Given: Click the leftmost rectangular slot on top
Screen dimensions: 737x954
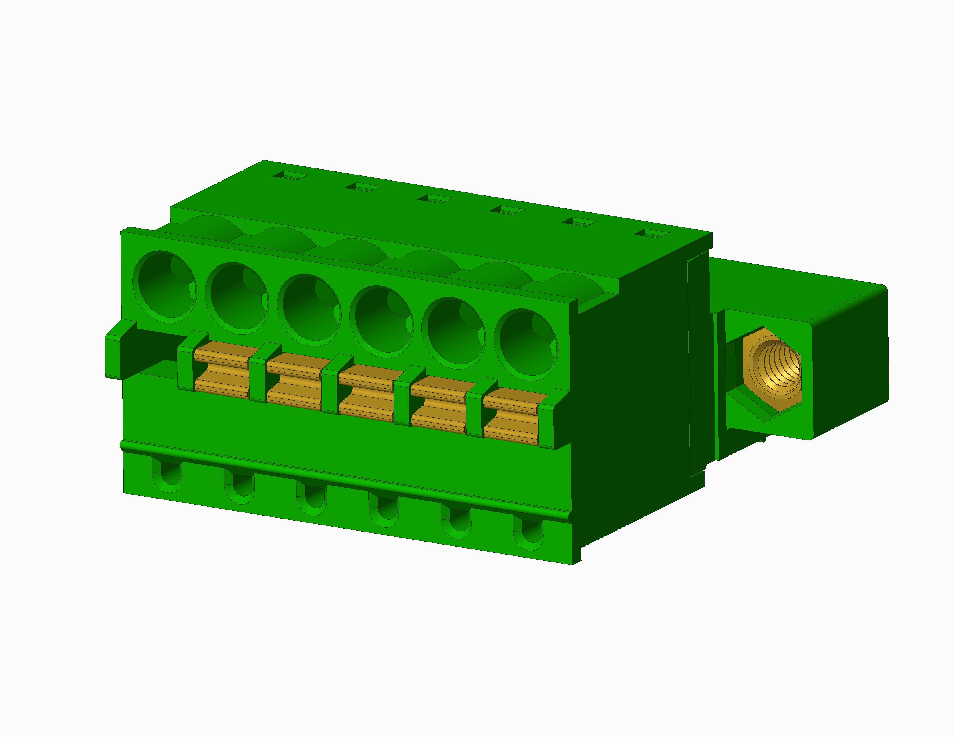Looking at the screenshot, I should point(291,176).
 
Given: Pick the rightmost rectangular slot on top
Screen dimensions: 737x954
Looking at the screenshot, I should point(651,234).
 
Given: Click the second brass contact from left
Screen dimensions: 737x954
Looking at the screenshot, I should point(294,381).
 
